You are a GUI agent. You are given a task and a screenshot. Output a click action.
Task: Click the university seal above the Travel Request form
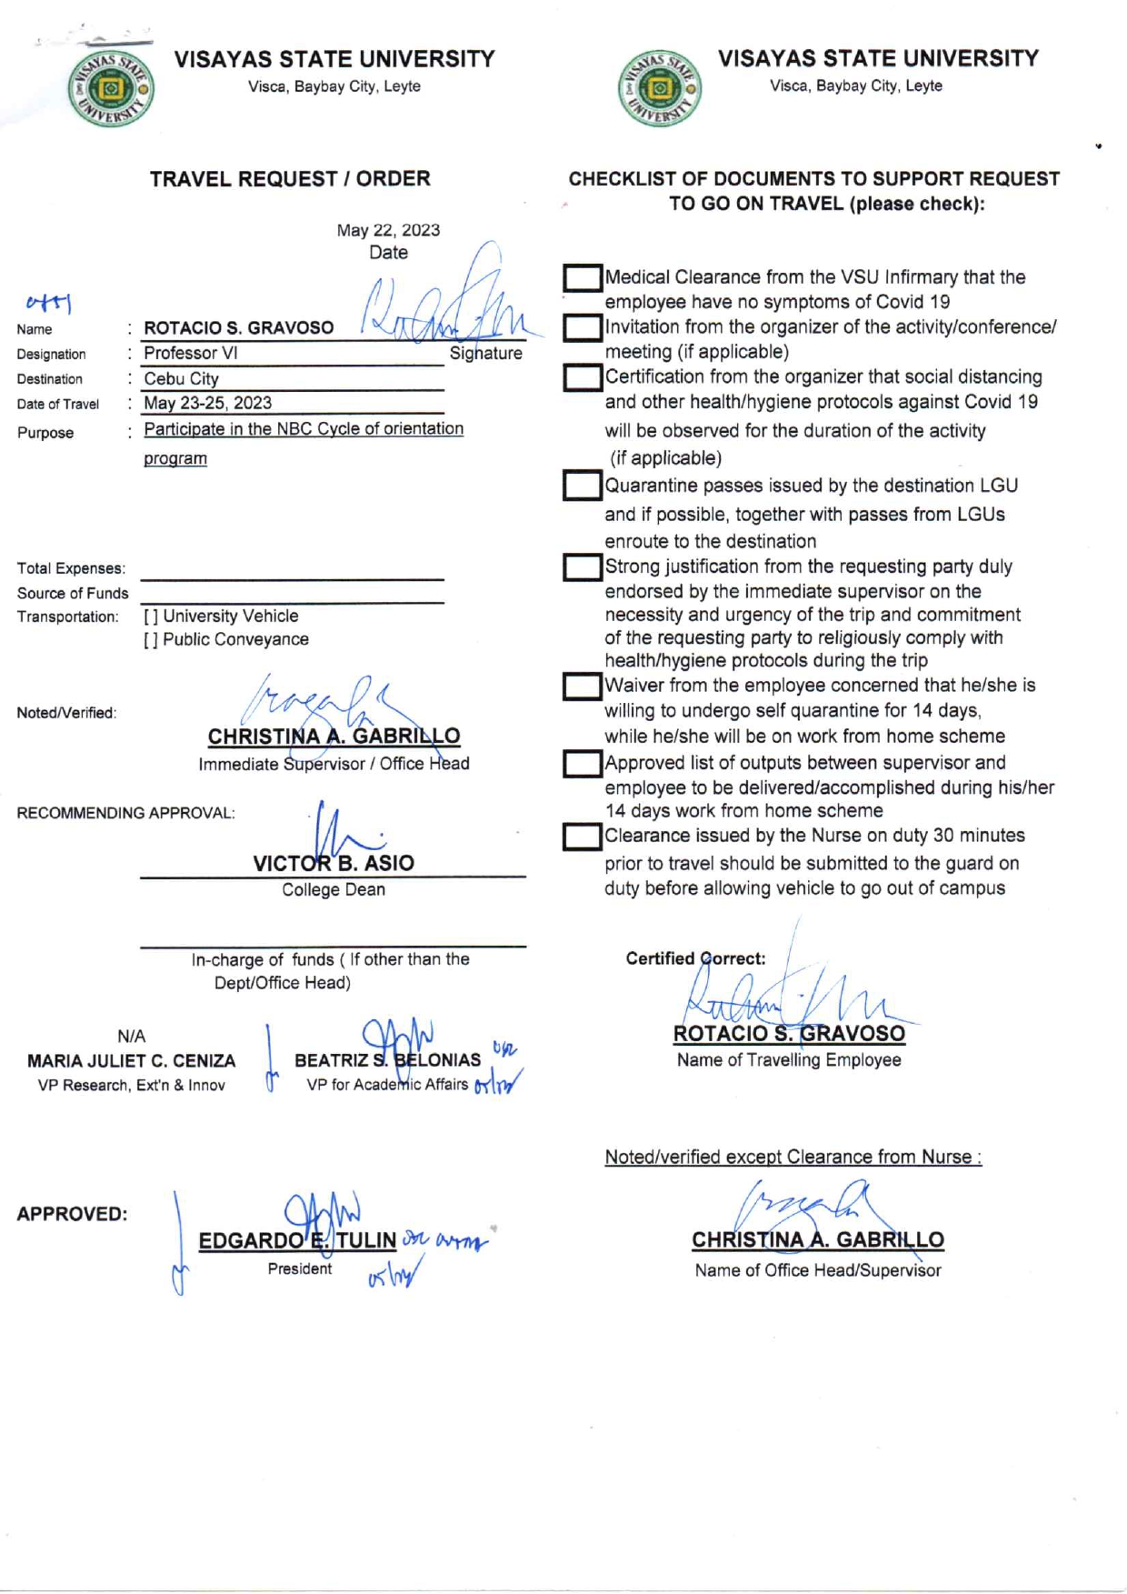point(111,89)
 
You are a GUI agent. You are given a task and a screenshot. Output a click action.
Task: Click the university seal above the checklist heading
point(660,89)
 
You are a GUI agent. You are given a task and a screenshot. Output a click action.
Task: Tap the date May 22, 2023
point(388,230)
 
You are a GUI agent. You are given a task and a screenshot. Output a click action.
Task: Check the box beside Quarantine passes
point(582,486)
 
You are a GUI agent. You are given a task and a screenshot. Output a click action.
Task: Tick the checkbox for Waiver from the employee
point(582,687)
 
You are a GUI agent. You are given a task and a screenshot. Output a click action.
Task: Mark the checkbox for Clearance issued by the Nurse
point(582,837)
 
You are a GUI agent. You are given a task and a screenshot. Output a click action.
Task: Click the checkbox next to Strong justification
point(582,567)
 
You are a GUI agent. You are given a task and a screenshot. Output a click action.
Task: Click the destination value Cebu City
point(182,378)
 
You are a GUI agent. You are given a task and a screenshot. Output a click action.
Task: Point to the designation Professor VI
point(191,353)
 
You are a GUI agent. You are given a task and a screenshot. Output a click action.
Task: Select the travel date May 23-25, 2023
point(208,403)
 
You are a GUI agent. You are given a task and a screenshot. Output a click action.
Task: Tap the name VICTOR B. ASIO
point(334,863)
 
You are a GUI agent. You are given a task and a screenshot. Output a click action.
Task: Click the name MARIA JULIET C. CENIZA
point(131,1060)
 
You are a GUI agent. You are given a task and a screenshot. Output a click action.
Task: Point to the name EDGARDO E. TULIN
point(297,1240)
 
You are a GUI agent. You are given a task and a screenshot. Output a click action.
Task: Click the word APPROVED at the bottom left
point(72,1214)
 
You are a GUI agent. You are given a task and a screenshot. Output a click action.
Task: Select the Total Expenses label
point(71,568)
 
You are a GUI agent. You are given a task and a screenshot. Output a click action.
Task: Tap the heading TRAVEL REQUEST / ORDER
point(290,179)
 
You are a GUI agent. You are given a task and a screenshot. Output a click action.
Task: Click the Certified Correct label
point(695,958)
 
